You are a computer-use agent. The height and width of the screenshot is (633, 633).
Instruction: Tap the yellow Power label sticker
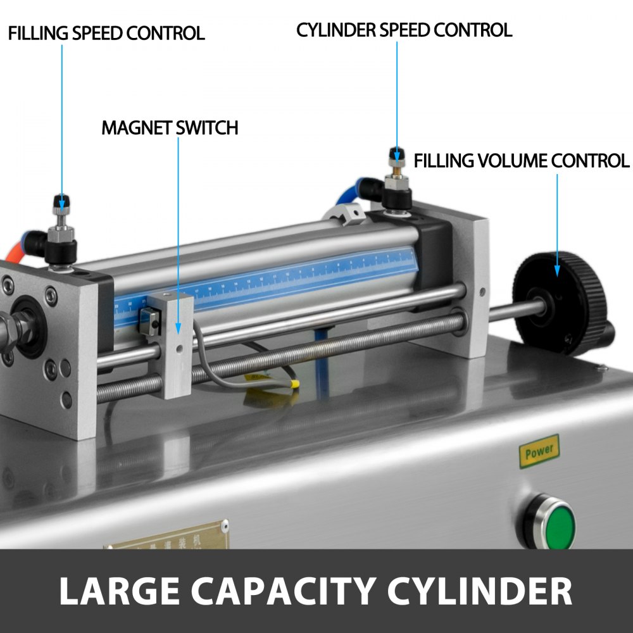click(x=539, y=451)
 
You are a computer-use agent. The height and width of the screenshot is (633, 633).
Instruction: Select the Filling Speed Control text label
click(x=106, y=34)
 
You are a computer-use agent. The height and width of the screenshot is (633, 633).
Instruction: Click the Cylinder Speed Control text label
click(x=404, y=30)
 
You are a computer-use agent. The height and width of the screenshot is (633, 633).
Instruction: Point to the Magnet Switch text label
click(x=170, y=128)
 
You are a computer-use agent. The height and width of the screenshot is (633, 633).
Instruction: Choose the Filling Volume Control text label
click(x=522, y=161)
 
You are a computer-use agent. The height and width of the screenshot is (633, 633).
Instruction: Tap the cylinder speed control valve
click(x=397, y=177)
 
